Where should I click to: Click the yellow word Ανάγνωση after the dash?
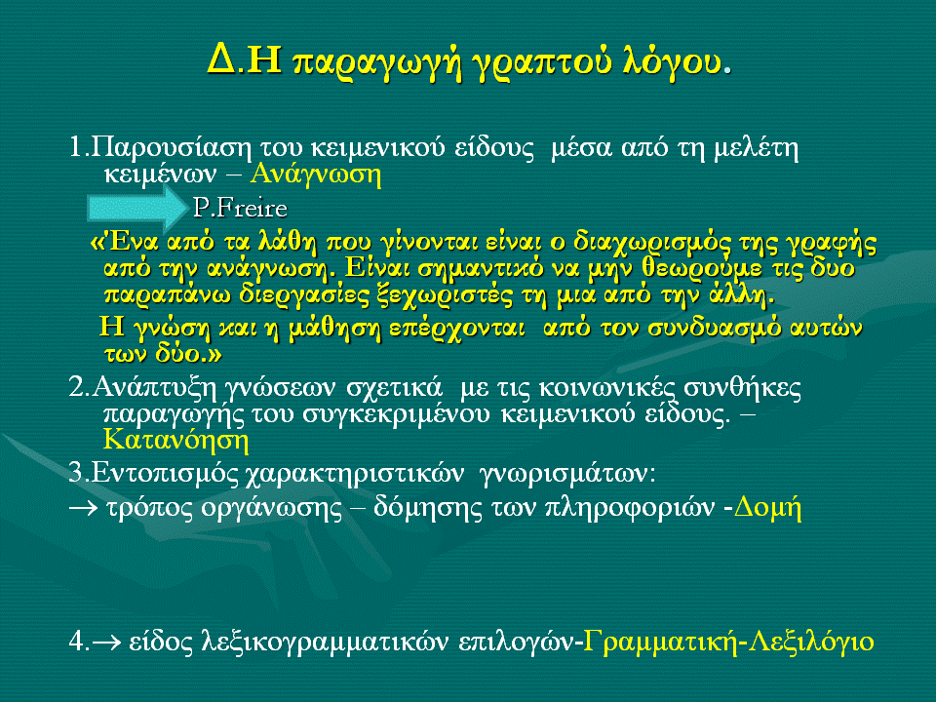pos(315,175)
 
